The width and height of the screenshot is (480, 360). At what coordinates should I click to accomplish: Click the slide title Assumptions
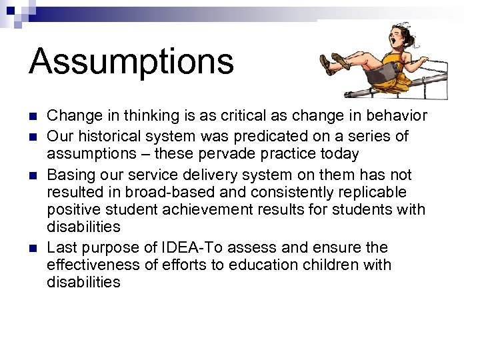(131, 61)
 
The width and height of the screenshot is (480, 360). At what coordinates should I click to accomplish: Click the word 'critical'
(231, 116)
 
